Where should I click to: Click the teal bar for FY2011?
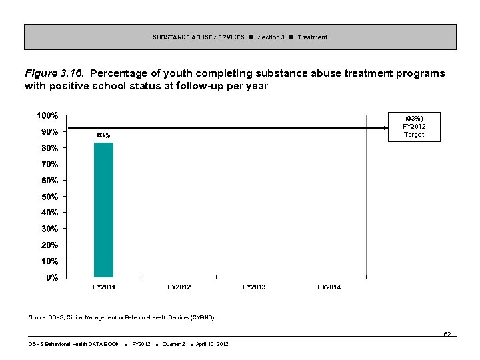click(103, 210)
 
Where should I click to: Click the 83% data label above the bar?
click(103, 135)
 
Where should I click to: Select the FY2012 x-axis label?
click(179, 287)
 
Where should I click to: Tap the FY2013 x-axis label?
click(254, 287)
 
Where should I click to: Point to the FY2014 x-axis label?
click(329, 287)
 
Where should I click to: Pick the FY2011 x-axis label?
click(103, 287)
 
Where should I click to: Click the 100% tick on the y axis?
click(47, 115)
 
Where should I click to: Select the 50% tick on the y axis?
click(49, 197)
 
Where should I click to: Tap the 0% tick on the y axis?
click(51, 277)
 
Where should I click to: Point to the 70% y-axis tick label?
click(49, 164)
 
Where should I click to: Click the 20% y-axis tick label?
click(49, 245)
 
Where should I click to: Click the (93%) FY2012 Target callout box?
click(413, 127)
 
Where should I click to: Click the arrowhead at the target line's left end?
click(69, 127)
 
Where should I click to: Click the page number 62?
click(447, 334)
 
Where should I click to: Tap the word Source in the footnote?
click(37, 317)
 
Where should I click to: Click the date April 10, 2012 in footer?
click(212, 344)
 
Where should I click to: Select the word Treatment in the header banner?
click(313, 37)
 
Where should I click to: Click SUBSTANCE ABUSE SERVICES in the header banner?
click(198, 37)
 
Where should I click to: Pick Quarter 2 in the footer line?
click(173, 344)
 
